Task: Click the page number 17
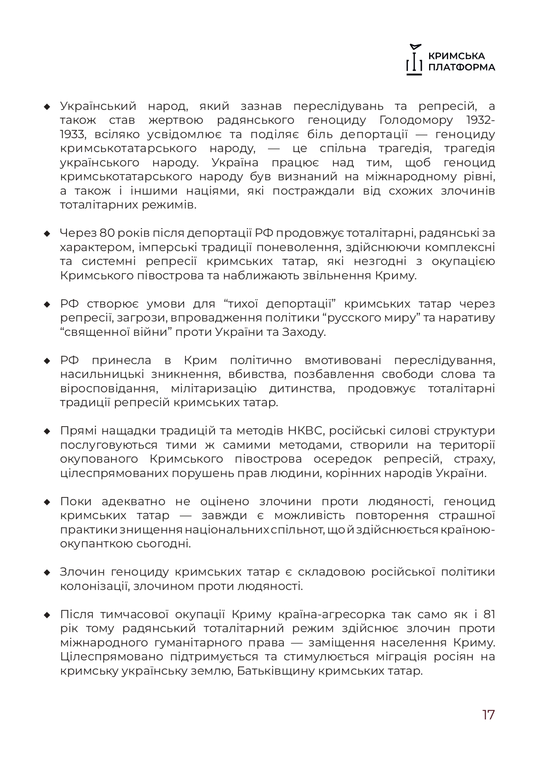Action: (488, 715)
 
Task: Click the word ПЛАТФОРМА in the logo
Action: (461, 67)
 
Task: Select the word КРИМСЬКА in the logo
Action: (456, 56)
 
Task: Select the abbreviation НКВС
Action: (306, 431)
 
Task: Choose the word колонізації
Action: (94, 586)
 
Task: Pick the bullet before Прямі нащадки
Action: (47, 431)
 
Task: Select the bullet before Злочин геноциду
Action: (47, 573)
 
